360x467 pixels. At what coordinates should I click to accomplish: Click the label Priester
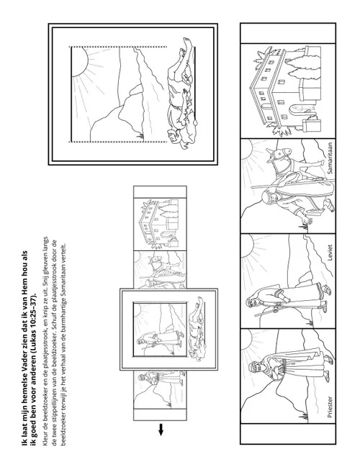tap(330, 407)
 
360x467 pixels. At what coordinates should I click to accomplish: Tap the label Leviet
tap(330, 253)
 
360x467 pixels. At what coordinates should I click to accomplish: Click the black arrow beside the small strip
tap(161, 430)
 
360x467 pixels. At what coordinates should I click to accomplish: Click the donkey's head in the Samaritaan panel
tap(279, 155)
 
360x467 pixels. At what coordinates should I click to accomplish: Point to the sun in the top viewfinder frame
tap(79, 61)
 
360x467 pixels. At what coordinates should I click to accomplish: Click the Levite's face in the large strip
tap(252, 303)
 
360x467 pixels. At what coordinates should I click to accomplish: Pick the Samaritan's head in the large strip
tap(268, 198)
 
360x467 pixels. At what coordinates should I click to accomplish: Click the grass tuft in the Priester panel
tap(305, 417)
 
